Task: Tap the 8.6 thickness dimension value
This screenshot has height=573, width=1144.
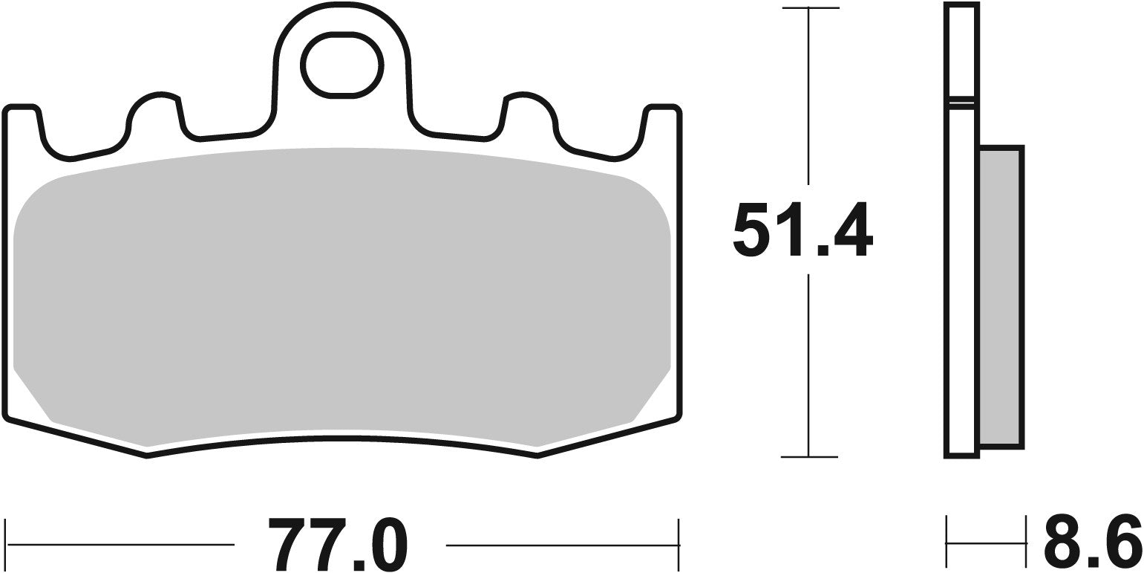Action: (1092, 539)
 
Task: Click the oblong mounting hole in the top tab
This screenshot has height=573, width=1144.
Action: (341, 65)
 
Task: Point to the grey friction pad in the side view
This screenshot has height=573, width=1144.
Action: (1001, 297)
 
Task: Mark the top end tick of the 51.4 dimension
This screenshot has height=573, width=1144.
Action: (809, 9)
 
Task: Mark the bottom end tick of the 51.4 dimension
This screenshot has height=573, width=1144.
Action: (809, 456)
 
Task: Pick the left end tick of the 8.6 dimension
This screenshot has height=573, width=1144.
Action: (947, 543)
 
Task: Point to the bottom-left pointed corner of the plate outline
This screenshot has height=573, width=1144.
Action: (146, 456)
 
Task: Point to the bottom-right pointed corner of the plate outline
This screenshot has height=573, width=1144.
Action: (537, 456)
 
